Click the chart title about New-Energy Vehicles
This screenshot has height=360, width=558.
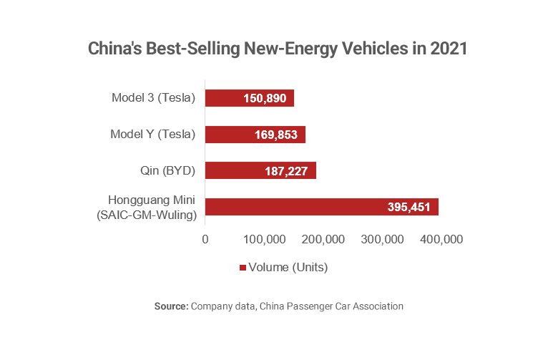click(x=278, y=49)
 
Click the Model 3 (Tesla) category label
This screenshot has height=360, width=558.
click(x=154, y=98)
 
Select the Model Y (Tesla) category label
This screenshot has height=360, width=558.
click(x=153, y=134)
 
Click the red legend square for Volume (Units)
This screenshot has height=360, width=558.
click(x=242, y=268)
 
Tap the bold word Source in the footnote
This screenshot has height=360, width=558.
click(x=171, y=306)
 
